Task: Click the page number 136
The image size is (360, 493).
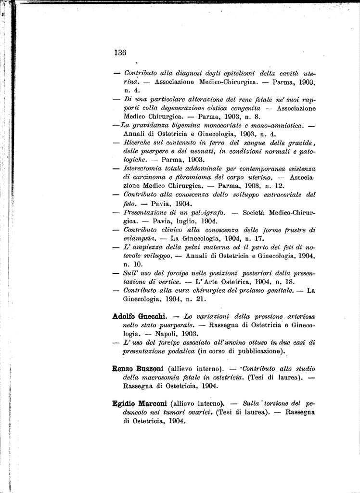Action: [120, 53]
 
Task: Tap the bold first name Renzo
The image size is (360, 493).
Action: [123, 369]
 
